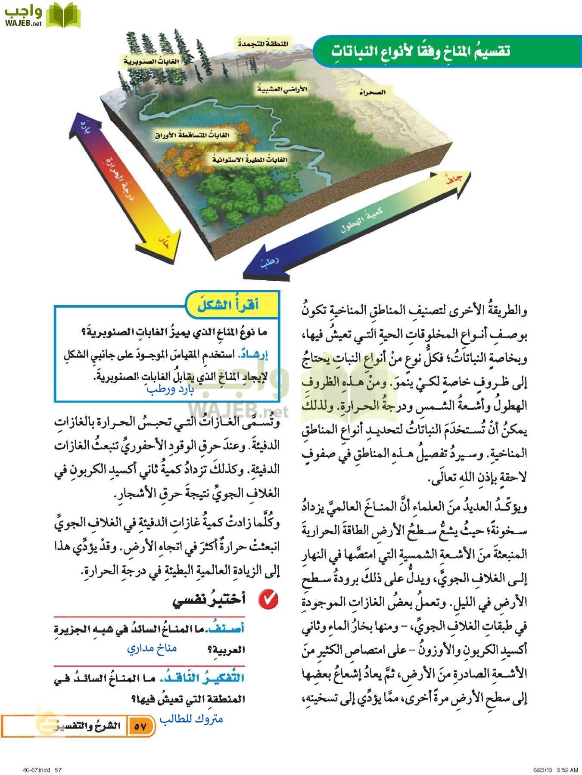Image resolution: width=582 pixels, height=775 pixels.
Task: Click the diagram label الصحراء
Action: click(x=372, y=93)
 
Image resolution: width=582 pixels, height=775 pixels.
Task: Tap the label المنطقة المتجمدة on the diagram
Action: click(x=263, y=43)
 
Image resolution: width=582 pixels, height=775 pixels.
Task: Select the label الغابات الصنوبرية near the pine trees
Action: click(x=151, y=62)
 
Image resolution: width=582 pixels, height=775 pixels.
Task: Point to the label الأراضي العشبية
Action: click(x=282, y=89)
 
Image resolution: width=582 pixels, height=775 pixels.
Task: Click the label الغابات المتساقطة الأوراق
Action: click(x=192, y=135)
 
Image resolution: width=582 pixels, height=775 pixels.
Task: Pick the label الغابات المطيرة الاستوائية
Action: click(x=249, y=160)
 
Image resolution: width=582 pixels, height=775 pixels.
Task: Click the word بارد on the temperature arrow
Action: click(x=86, y=129)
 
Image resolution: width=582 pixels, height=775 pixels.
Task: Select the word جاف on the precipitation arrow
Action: click(x=454, y=180)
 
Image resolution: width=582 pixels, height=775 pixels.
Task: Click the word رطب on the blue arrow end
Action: click(x=269, y=263)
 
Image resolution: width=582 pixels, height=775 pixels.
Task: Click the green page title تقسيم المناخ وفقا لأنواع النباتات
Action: click(x=420, y=51)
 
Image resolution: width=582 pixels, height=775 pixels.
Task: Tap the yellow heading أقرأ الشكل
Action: click(x=228, y=305)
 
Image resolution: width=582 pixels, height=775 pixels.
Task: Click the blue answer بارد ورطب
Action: click(x=171, y=389)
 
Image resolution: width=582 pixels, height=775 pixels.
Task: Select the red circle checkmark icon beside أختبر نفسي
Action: click(x=268, y=599)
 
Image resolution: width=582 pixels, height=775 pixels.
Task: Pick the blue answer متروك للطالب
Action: click(x=191, y=719)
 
